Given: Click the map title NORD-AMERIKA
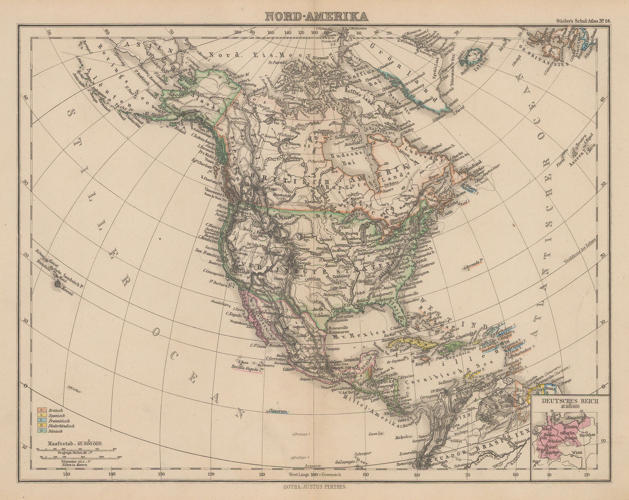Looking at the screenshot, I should pos(316,16).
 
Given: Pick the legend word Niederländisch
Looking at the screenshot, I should pos(62,426).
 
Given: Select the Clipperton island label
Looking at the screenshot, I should pos(278,411).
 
